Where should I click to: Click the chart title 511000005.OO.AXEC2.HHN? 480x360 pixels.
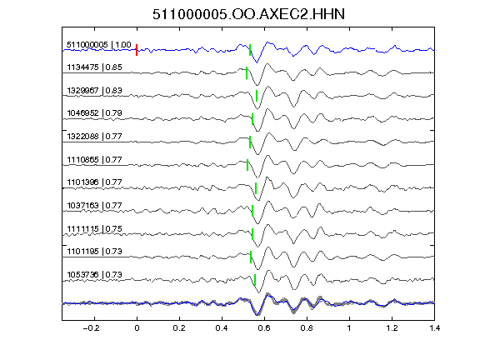coord(248,14)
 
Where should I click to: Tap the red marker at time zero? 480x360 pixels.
coord(137,50)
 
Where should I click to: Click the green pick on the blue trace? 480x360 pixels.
coord(250,50)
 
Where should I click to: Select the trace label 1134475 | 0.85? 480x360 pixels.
coord(94,67)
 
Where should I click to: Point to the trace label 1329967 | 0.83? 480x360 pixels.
coord(94,90)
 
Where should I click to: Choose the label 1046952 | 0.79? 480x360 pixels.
coord(94,113)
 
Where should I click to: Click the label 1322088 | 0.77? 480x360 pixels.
coord(94,136)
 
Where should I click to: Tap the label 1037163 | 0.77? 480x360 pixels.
coord(94,205)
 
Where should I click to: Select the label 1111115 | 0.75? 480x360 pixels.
coord(94,228)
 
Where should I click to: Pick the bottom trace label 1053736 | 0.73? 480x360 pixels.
coord(94,275)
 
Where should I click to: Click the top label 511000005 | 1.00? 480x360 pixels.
coord(98,45)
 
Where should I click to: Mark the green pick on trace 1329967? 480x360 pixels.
coord(257,96)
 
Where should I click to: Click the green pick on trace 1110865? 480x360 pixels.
coord(247,165)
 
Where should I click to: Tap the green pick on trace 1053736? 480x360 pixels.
coord(255,280)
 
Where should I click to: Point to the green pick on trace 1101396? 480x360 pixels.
coord(256,188)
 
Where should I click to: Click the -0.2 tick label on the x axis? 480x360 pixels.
coord(91,328)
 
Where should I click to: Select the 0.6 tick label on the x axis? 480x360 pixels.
coord(264,328)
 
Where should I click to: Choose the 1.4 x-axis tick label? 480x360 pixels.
coord(434,328)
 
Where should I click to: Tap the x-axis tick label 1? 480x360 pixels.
coord(349,328)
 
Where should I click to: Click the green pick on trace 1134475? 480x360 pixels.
coord(247,72)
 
